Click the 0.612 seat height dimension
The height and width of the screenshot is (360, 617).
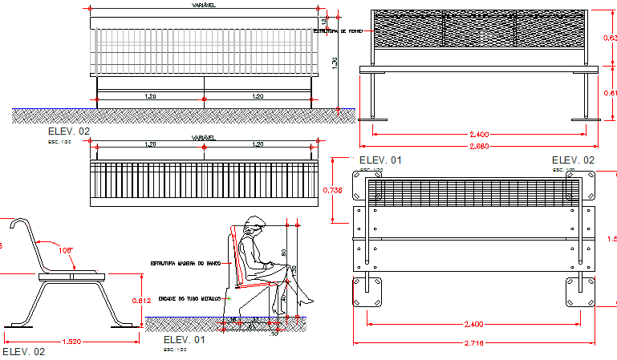[140, 300]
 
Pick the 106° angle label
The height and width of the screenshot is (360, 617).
[65, 250]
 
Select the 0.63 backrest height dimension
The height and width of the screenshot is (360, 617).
[609, 38]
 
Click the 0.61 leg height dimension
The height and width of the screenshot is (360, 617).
[609, 93]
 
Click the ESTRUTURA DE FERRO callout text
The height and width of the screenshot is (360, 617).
[337, 30]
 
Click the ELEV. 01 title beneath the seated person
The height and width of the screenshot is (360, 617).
[184, 340]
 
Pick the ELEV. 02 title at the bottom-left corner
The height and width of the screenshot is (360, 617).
[23, 351]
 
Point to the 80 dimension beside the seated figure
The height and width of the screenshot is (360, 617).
[282, 253]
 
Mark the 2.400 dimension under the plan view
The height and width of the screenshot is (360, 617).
[473, 325]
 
